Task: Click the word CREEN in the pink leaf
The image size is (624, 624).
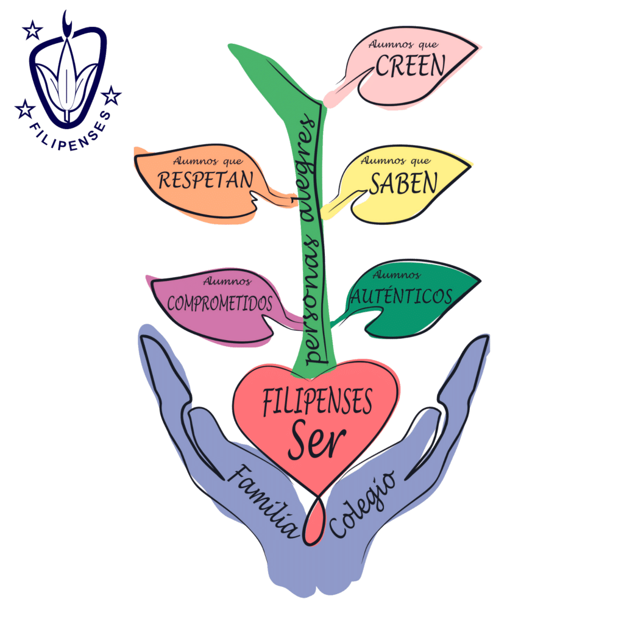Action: point(411,66)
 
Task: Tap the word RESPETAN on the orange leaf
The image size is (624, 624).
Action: point(205,180)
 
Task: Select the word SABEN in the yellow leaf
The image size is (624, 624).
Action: point(403,183)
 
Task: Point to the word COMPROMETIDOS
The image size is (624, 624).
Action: point(219,303)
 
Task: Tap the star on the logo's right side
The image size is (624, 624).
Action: point(111,96)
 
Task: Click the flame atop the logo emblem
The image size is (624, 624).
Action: point(67,23)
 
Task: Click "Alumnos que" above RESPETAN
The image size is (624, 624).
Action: point(208,160)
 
